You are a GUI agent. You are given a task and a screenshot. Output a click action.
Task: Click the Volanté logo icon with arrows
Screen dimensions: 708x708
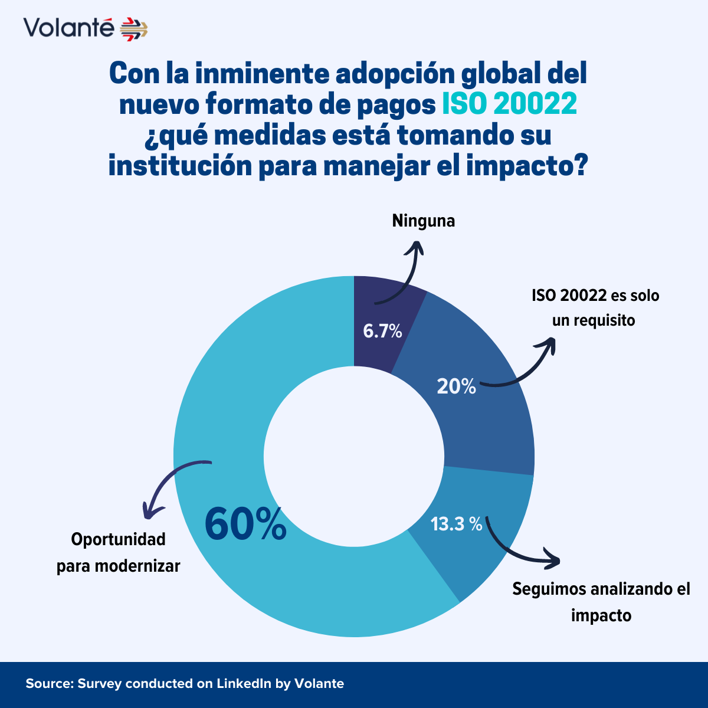[x=134, y=28]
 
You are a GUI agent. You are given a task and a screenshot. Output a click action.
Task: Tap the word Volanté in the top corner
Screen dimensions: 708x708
[x=68, y=28]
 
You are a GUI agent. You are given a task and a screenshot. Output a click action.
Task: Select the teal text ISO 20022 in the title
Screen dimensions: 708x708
[x=509, y=104]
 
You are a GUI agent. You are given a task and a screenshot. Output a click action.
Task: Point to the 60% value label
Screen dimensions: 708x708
[x=245, y=524]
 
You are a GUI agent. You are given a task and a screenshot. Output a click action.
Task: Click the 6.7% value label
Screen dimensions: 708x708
[x=382, y=331]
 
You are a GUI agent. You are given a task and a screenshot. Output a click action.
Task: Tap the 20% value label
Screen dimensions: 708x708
[x=456, y=386]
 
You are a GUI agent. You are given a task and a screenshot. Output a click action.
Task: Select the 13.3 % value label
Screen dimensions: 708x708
[x=456, y=523]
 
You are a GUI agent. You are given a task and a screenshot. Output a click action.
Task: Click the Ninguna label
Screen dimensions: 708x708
[x=424, y=221]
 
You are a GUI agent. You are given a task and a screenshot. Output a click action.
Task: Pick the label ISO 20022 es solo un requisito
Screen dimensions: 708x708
[x=595, y=307]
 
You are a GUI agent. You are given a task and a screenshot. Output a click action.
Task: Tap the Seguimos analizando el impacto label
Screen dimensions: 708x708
[x=601, y=602]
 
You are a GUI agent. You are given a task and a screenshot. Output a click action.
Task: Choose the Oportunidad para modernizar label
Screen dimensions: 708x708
[x=119, y=553]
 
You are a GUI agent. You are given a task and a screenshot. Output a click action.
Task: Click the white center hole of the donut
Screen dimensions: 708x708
[x=354, y=457]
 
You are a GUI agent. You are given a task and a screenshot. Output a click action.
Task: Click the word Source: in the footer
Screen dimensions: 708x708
[x=49, y=684]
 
